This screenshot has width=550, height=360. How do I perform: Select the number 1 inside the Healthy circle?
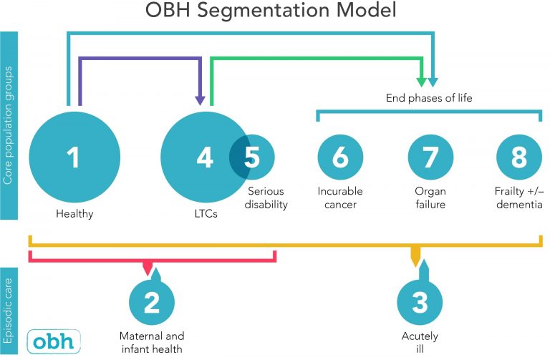[x=74, y=157]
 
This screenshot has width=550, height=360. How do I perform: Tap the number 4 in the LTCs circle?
[x=205, y=157]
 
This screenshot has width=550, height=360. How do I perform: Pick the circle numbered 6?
[x=340, y=157]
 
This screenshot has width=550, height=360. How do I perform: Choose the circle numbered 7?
[x=430, y=157]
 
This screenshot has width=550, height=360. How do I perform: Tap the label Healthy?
[x=74, y=213]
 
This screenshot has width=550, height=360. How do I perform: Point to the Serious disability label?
[x=267, y=198]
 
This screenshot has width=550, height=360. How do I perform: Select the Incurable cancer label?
[x=340, y=198]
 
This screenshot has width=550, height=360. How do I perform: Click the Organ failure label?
[x=430, y=198]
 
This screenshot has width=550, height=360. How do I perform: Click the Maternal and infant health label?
[x=151, y=342]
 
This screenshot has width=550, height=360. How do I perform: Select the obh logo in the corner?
[x=54, y=339]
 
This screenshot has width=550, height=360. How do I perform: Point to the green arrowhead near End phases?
[x=423, y=80]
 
